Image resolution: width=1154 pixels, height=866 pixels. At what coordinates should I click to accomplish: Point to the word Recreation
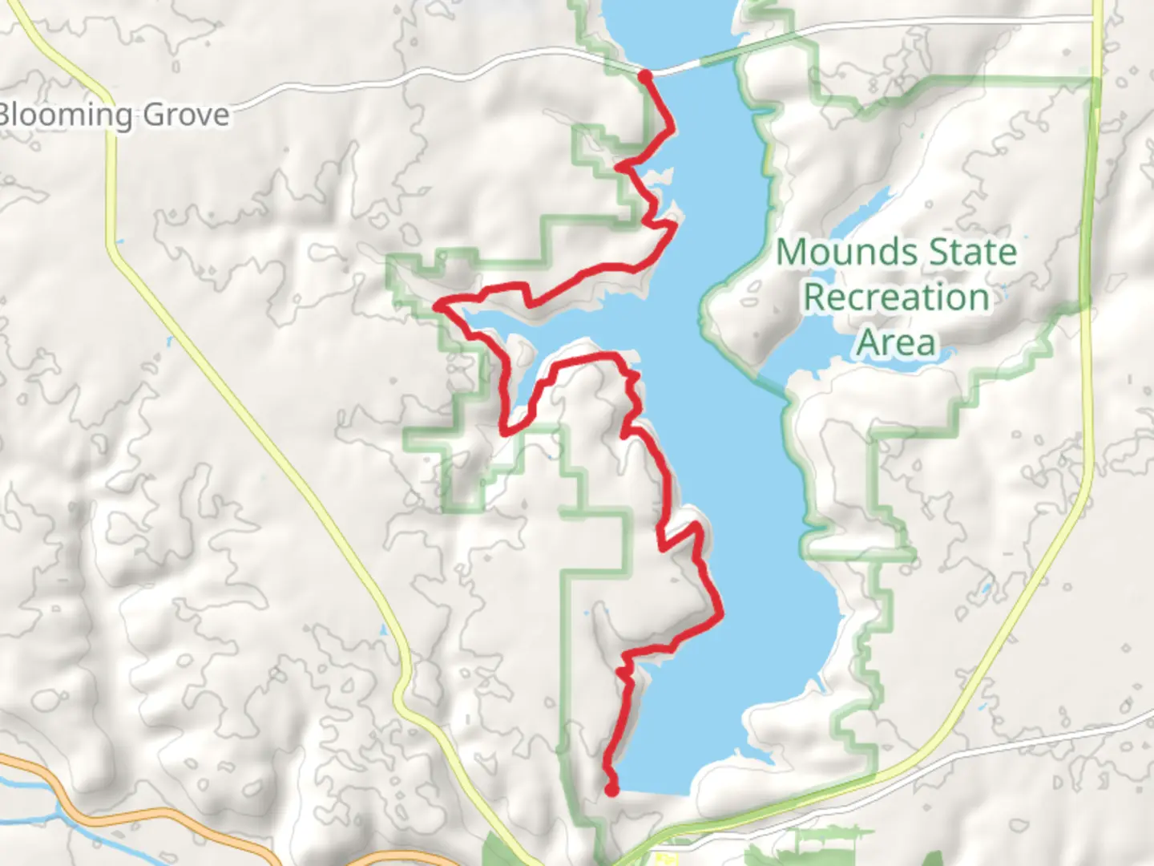click(x=896, y=297)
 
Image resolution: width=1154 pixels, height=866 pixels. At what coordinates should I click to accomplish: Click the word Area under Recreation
click(x=896, y=343)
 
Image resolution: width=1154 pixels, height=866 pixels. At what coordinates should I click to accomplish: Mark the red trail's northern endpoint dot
click(x=645, y=76)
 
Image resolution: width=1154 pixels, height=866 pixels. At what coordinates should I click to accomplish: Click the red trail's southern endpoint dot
click(x=611, y=791)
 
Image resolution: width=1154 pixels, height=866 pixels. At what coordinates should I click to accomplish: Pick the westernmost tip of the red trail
click(x=437, y=305)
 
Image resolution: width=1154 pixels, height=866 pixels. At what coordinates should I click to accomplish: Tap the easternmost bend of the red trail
click(x=721, y=615)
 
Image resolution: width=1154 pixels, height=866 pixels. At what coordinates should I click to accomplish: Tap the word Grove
click(x=186, y=115)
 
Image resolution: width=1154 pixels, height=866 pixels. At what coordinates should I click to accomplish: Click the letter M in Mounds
click(x=792, y=253)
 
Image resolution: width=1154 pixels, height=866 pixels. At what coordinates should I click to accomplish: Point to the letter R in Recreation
click(x=816, y=297)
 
